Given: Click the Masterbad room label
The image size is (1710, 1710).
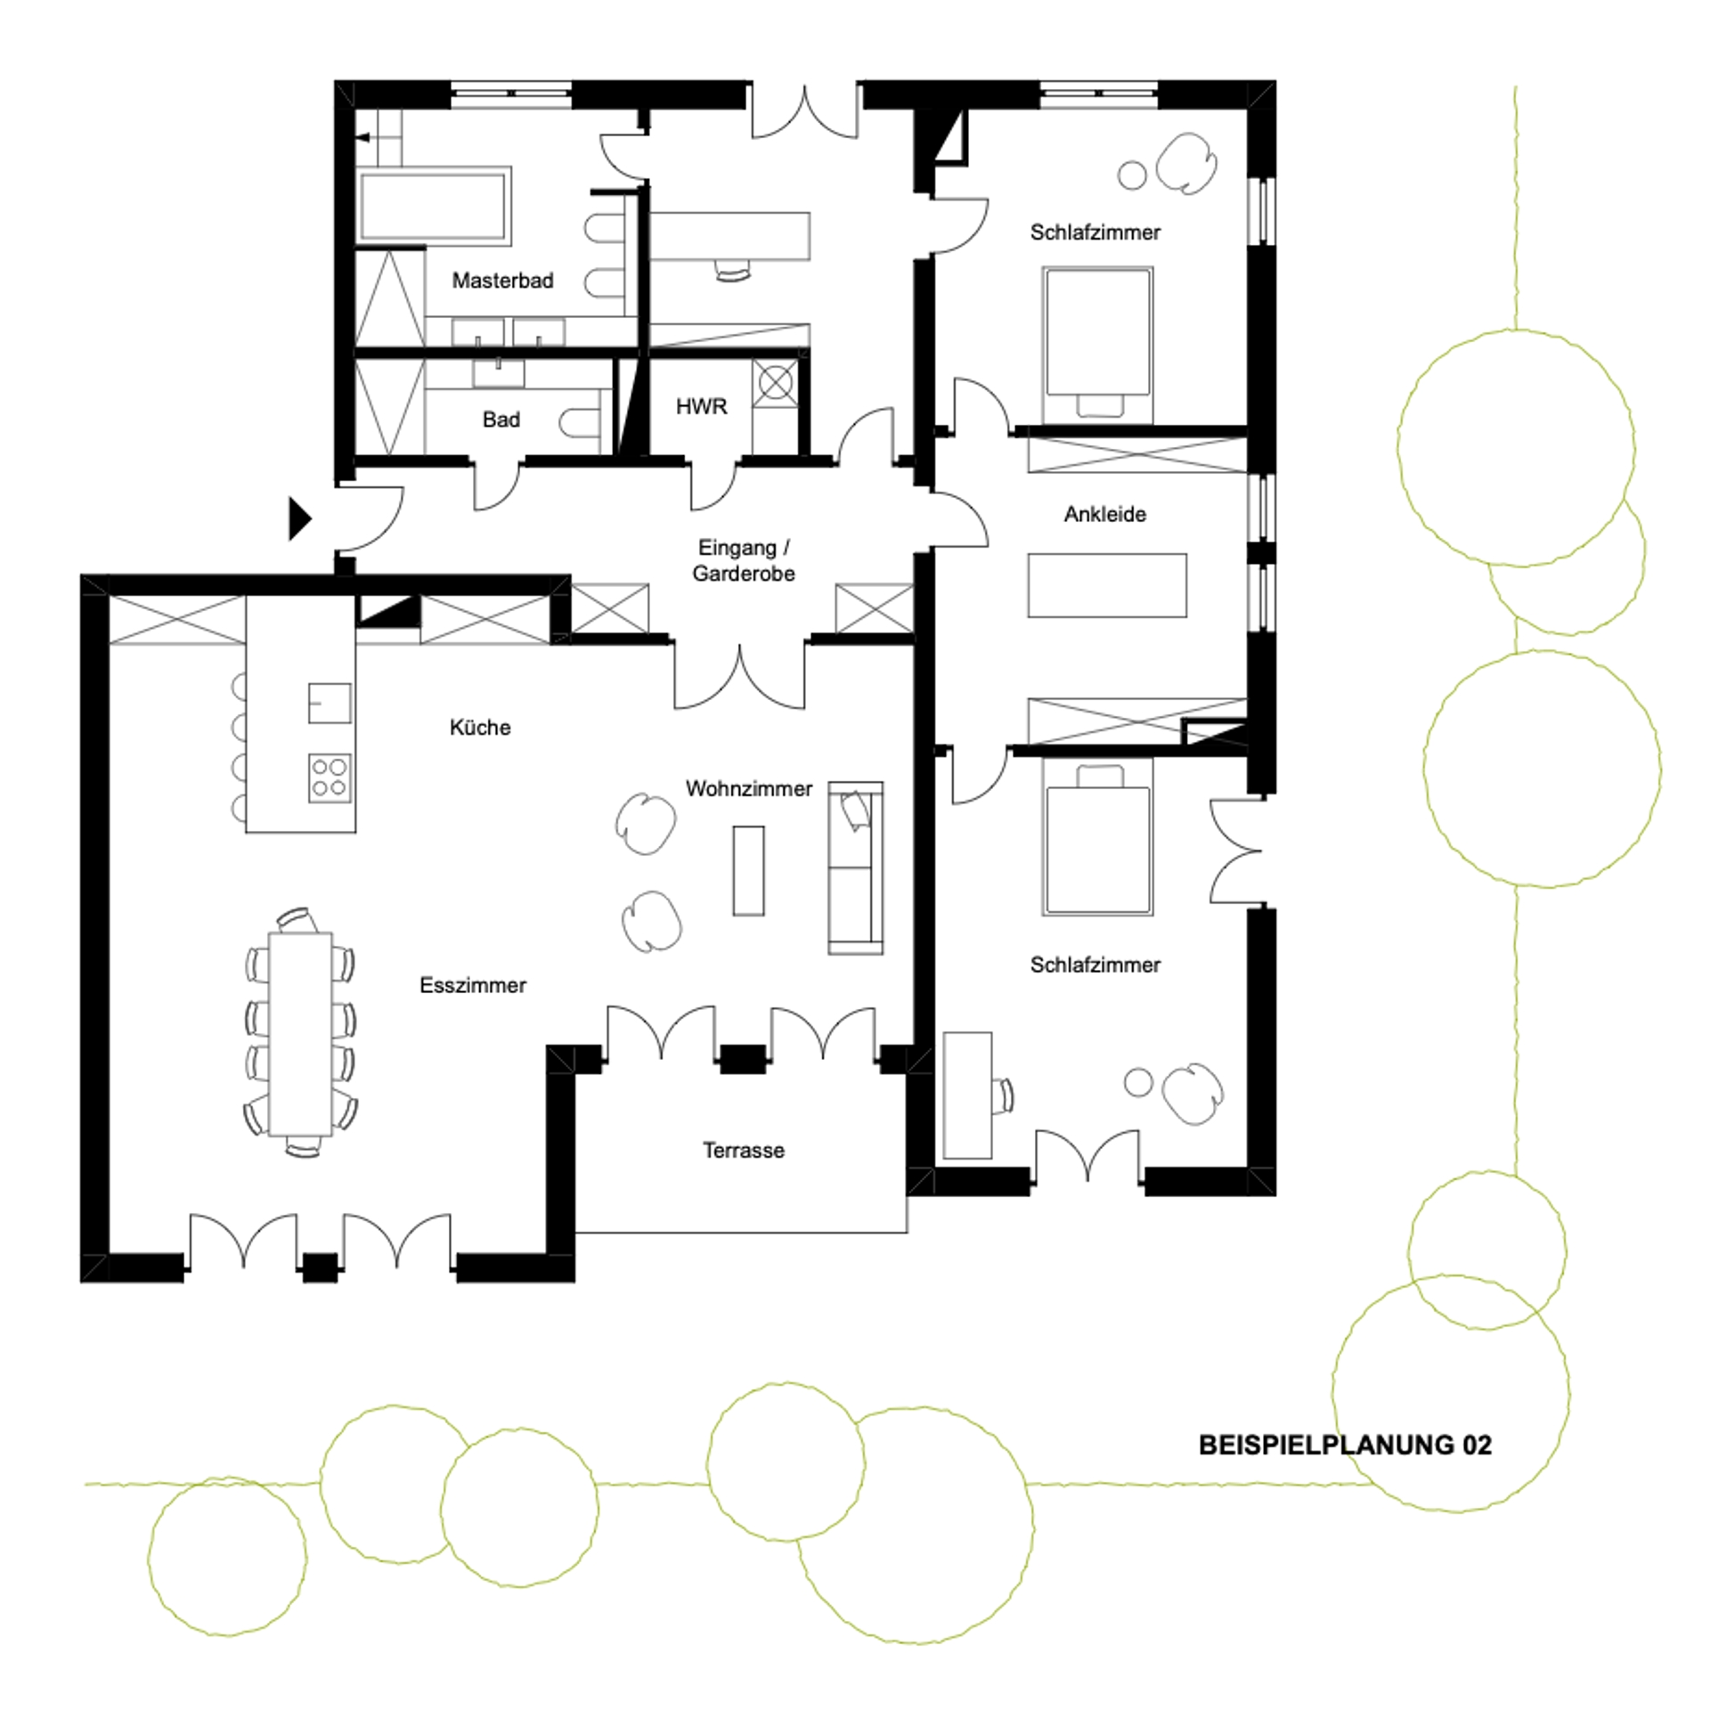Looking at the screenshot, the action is pos(502,281).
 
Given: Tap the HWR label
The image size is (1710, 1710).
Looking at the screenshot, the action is pos(701,407).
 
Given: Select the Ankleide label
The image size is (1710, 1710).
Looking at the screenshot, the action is pos(1104,514).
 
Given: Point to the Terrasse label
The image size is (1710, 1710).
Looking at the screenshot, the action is pos(743,1150).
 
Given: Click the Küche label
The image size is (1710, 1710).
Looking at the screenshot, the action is pos(480,728).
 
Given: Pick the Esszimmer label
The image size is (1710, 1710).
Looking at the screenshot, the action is pos(473,985).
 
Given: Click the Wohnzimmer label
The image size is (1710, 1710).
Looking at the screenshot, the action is pos(749,788).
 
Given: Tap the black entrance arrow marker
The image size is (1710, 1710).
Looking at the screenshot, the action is pos(299,518).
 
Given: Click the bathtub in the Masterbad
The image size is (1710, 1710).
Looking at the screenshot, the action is pos(434,206).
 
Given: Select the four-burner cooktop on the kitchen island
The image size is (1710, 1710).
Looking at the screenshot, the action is pos(330,778).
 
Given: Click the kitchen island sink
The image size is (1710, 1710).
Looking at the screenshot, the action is pos(330,703).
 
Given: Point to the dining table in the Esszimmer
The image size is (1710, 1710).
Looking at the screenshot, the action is pos(300,1034).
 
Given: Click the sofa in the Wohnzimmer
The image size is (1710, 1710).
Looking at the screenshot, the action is pos(856,867).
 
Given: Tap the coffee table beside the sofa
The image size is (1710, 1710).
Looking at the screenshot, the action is pos(748,870).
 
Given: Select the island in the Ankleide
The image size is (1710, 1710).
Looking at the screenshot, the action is pos(1107,585).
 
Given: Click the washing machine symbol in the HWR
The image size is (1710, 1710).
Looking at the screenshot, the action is pos(775,384).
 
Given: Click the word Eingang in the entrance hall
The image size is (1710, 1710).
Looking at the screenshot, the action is pos(737,548).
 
